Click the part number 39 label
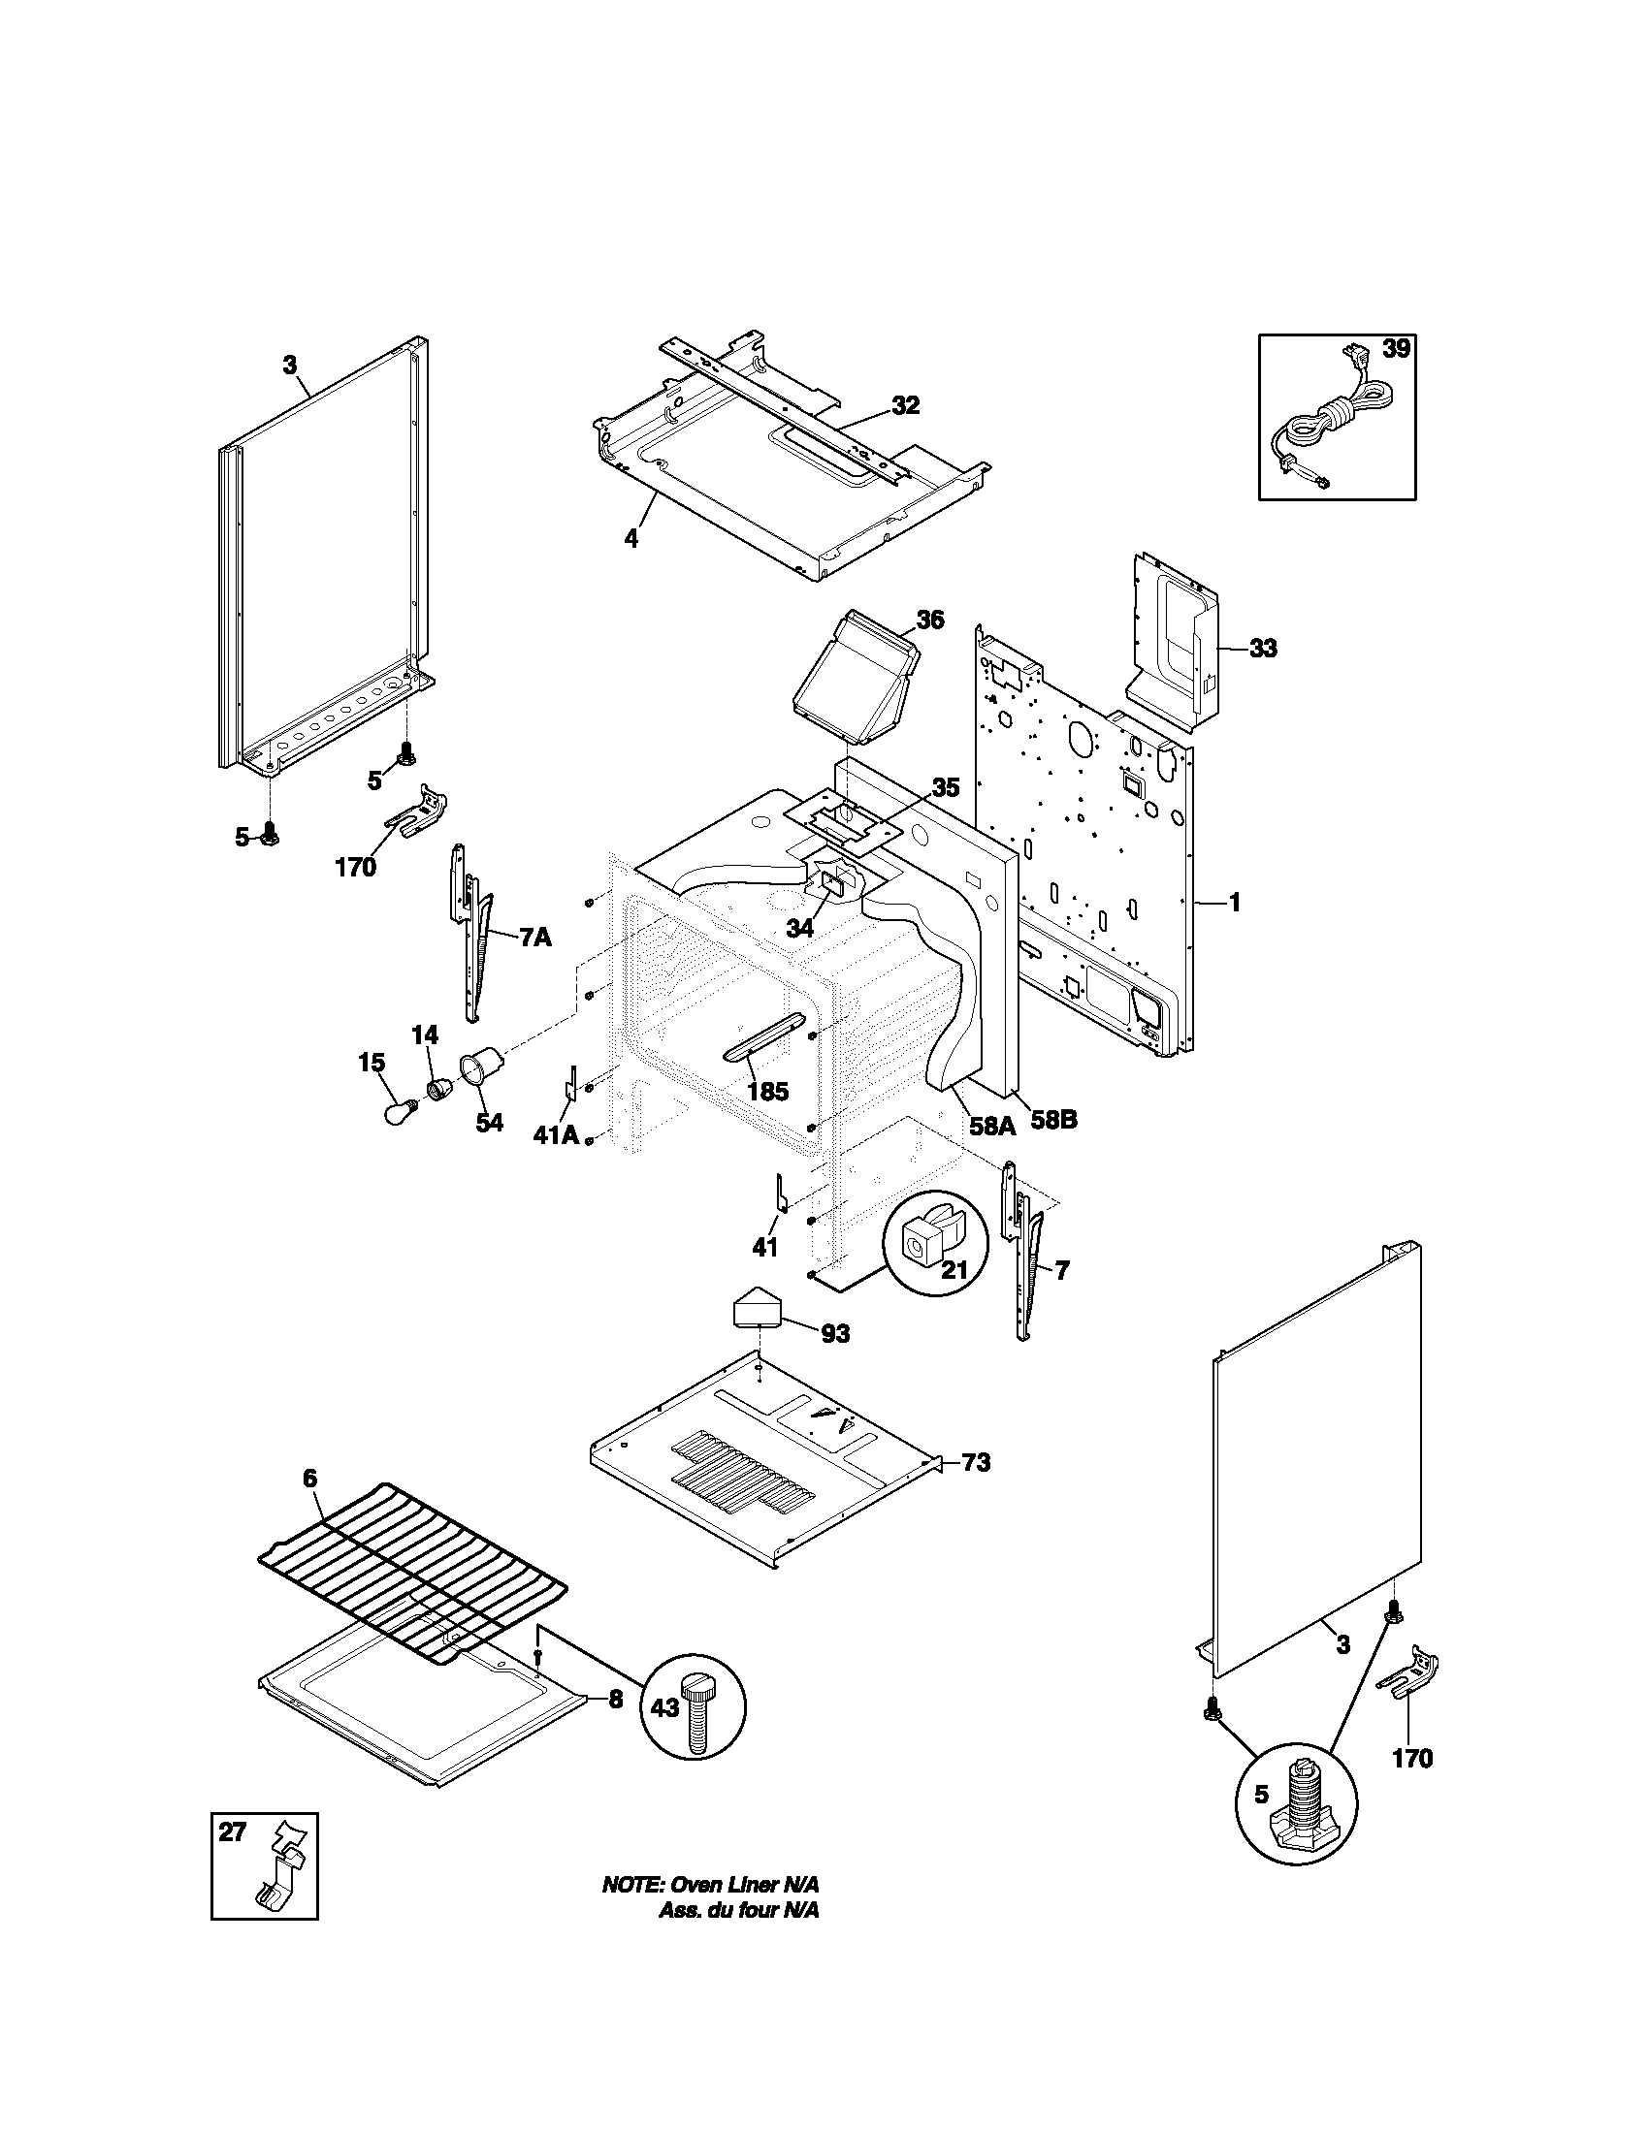pyautogui.click(x=1396, y=349)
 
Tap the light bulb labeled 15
pyautogui.click(x=399, y=1112)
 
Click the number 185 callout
pyautogui.click(x=767, y=1091)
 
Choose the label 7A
pyautogui.click(x=534, y=938)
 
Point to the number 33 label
pyautogui.click(x=1263, y=649)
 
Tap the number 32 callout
pyautogui.click(x=906, y=405)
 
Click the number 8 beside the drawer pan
pyautogui.click(x=615, y=1700)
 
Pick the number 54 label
pyautogui.click(x=489, y=1122)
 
